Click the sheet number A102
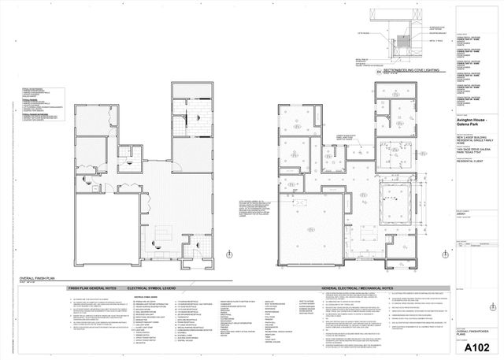(x=477, y=347)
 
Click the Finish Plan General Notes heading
(x=97, y=289)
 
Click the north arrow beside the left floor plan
(x=228, y=253)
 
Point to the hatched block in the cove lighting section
(x=402, y=36)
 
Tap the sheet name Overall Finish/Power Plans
(x=469, y=334)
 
